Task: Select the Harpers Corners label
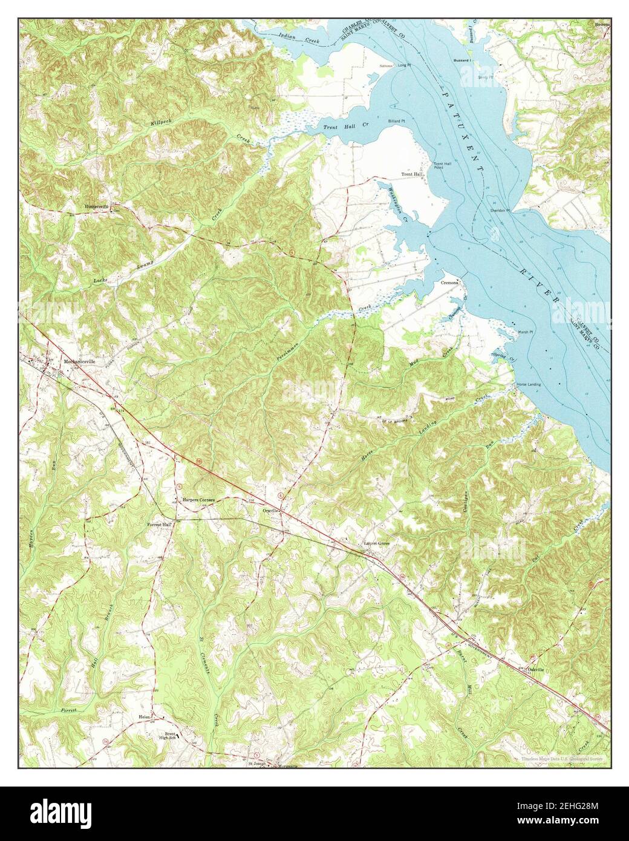click(199, 500)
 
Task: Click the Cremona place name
click(450, 283)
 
